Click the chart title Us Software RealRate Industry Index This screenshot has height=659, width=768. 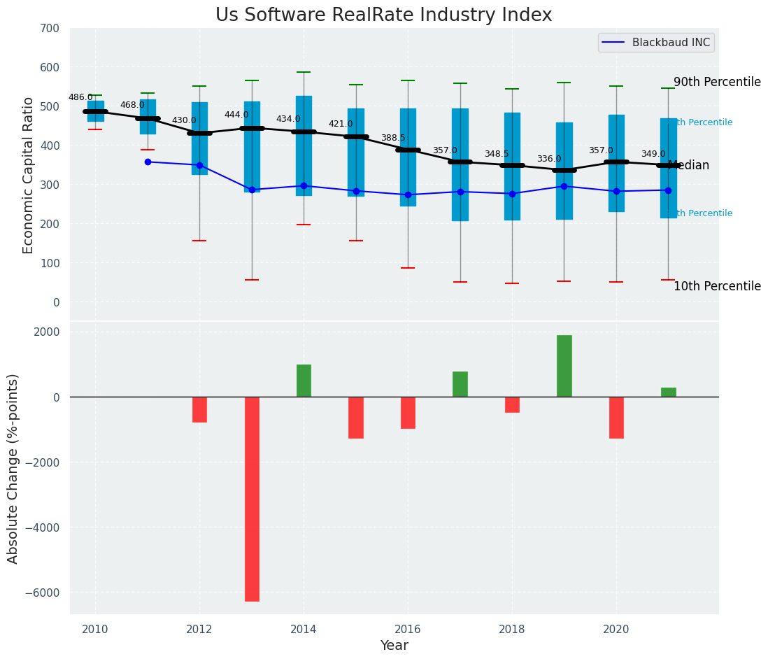point(383,15)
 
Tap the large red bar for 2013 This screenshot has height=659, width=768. point(252,499)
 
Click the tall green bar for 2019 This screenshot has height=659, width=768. point(564,366)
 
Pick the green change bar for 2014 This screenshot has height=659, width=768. point(304,381)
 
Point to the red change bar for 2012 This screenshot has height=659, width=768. point(199,409)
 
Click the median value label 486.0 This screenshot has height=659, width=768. point(80,97)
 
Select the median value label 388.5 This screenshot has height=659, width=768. point(393,139)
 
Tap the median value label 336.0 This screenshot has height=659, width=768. point(549,160)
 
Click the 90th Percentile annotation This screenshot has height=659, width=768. point(717,82)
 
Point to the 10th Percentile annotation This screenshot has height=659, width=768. point(717,286)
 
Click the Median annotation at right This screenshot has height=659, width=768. point(689,166)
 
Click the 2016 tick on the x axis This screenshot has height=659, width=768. point(408,629)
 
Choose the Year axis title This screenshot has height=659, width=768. point(394,646)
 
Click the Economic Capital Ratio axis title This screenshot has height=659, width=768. point(29,175)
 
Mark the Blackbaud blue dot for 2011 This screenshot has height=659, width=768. point(148,162)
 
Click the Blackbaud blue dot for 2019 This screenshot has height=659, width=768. point(564,186)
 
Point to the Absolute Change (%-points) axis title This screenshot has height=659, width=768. point(13,468)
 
